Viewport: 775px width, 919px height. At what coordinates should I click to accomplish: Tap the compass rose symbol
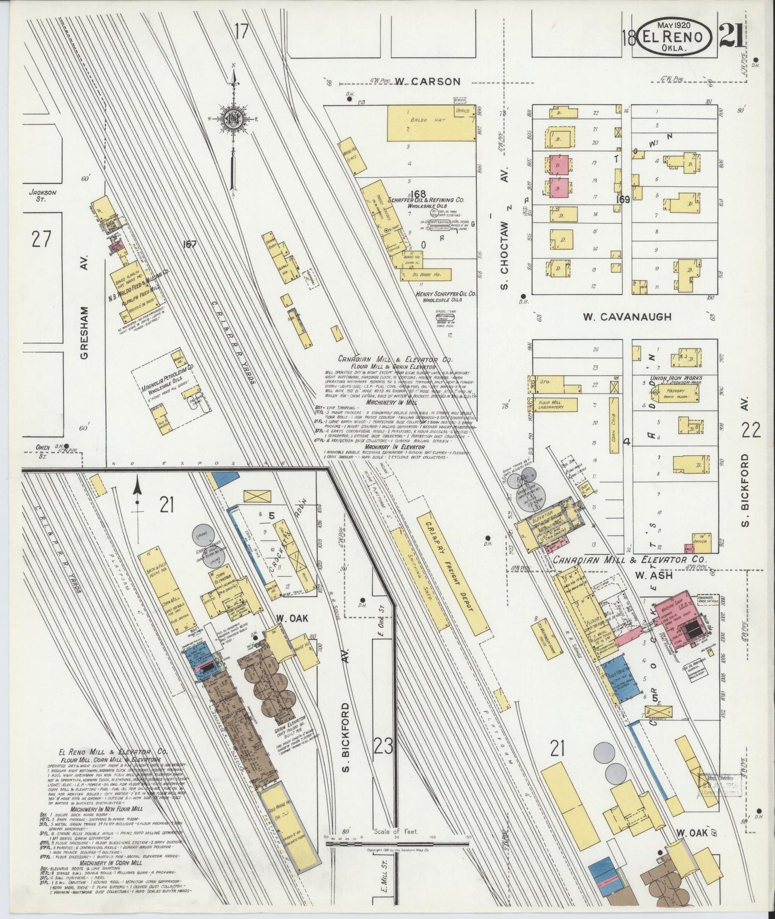(234, 118)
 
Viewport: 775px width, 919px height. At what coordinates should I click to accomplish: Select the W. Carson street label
(427, 81)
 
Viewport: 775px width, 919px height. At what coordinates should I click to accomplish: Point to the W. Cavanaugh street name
(627, 317)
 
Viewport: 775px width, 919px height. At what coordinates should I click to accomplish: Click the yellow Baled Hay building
(432, 123)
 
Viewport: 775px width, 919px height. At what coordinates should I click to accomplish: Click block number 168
(416, 193)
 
